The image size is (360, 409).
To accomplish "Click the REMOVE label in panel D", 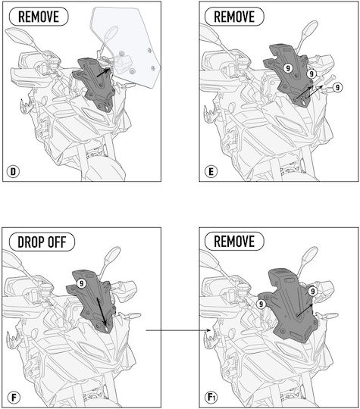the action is point(39,17).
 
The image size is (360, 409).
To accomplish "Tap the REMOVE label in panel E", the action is point(234,17).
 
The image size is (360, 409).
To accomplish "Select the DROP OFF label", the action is point(42,242).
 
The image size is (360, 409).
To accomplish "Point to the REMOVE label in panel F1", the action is point(234,241).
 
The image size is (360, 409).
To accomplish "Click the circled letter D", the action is point(14,171).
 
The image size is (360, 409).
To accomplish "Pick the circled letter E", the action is point(211,171).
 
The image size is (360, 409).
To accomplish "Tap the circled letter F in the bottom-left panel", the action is point(14,398).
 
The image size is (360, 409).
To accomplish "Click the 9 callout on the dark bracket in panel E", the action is point(288,68).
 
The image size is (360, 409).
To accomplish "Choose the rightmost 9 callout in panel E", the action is point(337,87).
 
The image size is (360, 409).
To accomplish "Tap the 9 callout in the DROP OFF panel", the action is point(82,283).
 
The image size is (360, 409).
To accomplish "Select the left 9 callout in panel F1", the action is point(261,304).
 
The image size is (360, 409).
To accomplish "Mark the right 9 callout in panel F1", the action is point(313,291).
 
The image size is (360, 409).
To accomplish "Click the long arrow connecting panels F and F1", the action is point(178,330).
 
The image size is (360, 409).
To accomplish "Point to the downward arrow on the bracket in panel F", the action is point(102,311).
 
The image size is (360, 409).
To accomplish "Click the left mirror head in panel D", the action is point(19,37).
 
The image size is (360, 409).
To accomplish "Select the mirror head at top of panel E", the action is point(311,30).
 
